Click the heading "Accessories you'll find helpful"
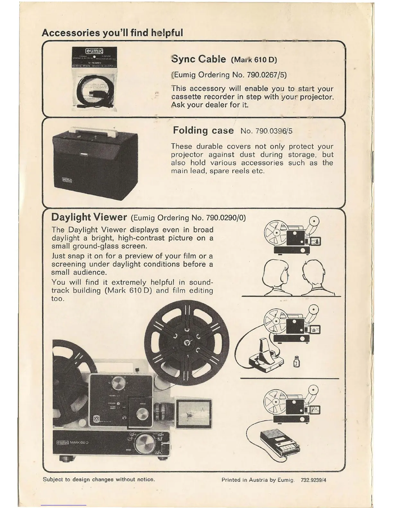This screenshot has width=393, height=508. pyautogui.click(x=112, y=33)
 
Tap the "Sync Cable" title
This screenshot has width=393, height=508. pyautogui.click(x=198, y=59)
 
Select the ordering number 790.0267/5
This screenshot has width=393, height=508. pyautogui.click(x=266, y=75)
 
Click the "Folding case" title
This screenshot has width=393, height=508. pyautogui.click(x=203, y=131)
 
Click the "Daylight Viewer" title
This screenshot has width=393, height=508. pyautogui.click(x=89, y=217)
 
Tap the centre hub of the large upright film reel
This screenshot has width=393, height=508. pyautogui.click(x=187, y=343)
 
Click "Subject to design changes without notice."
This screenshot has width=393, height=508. pyautogui.click(x=99, y=479)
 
